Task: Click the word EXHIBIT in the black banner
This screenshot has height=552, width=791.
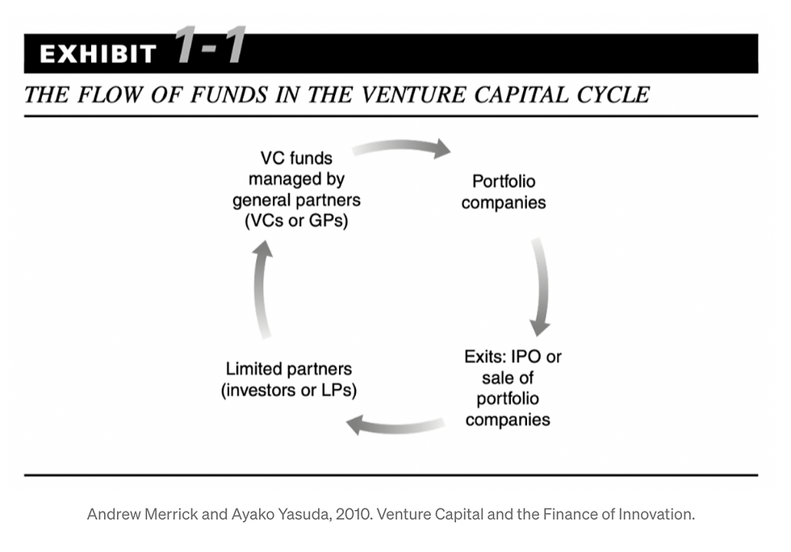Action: (x=98, y=54)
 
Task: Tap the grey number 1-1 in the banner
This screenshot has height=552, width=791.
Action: (x=211, y=45)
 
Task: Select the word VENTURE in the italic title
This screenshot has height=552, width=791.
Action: (x=413, y=95)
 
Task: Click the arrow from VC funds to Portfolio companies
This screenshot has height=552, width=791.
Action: (x=401, y=148)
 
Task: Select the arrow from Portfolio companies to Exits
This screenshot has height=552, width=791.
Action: (x=542, y=286)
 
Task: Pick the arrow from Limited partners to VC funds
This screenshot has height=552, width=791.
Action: (x=262, y=289)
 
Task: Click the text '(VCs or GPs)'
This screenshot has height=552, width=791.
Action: (x=296, y=221)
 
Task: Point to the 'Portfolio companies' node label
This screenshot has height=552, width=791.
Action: (x=504, y=192)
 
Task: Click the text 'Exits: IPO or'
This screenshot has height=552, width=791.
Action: (x=513, y=357)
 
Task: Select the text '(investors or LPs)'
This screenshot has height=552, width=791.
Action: (x=289, y=390)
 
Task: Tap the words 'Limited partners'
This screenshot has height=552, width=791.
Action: (x=289, y=369)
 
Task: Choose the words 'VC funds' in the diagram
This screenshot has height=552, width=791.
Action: (x=296, y=158)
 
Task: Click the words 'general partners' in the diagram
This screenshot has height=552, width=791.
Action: (x=296, y=200)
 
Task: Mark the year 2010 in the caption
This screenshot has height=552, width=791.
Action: (x=354, y=514)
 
